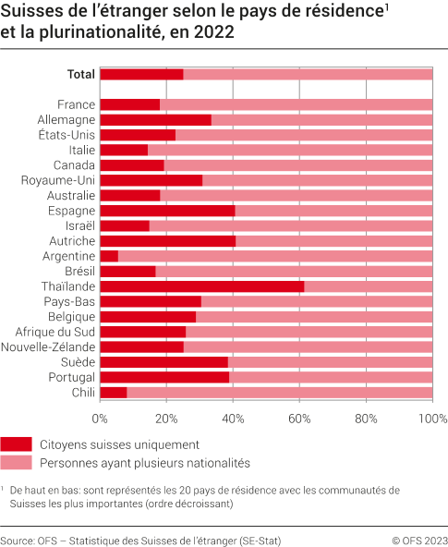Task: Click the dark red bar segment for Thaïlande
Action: [201, 286]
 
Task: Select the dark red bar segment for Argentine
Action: [109, 256]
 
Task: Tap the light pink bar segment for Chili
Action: [279, 392]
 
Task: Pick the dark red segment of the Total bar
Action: [141, 74]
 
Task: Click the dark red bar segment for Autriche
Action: [167, 241]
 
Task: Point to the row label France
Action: [76, 104]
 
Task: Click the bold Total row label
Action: [81, 74]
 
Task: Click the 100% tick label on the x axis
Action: [431, 419]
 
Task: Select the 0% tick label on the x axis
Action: [100, 419]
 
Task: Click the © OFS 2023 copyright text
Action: [419, 541]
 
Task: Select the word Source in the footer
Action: [17, 541]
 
